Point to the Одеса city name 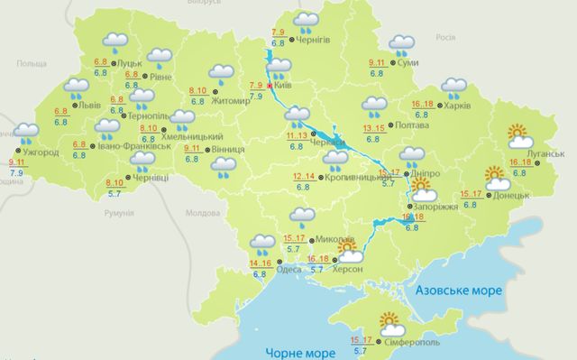click(290, 269)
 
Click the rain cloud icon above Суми click(401, 43)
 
